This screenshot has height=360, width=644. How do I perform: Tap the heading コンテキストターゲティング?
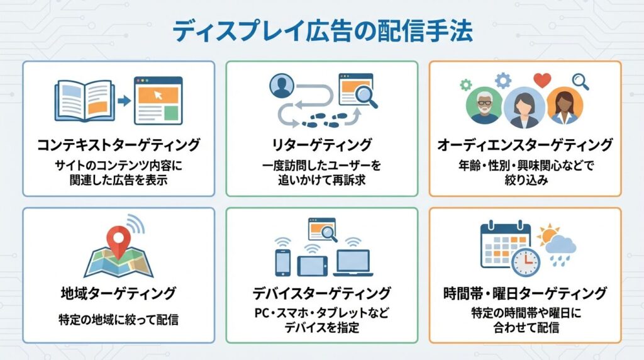[118, 145]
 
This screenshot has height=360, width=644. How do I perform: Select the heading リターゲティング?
[321, 145]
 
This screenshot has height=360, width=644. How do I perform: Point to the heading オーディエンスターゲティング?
[525, 145]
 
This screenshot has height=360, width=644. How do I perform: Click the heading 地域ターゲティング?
[118, 293]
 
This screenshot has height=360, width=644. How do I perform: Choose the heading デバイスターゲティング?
[321, 293]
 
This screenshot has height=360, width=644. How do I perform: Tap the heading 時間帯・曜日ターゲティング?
[525, 293]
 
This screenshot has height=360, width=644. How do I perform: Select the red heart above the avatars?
[541, 80]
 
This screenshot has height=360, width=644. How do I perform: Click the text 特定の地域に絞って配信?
[118, 319]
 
